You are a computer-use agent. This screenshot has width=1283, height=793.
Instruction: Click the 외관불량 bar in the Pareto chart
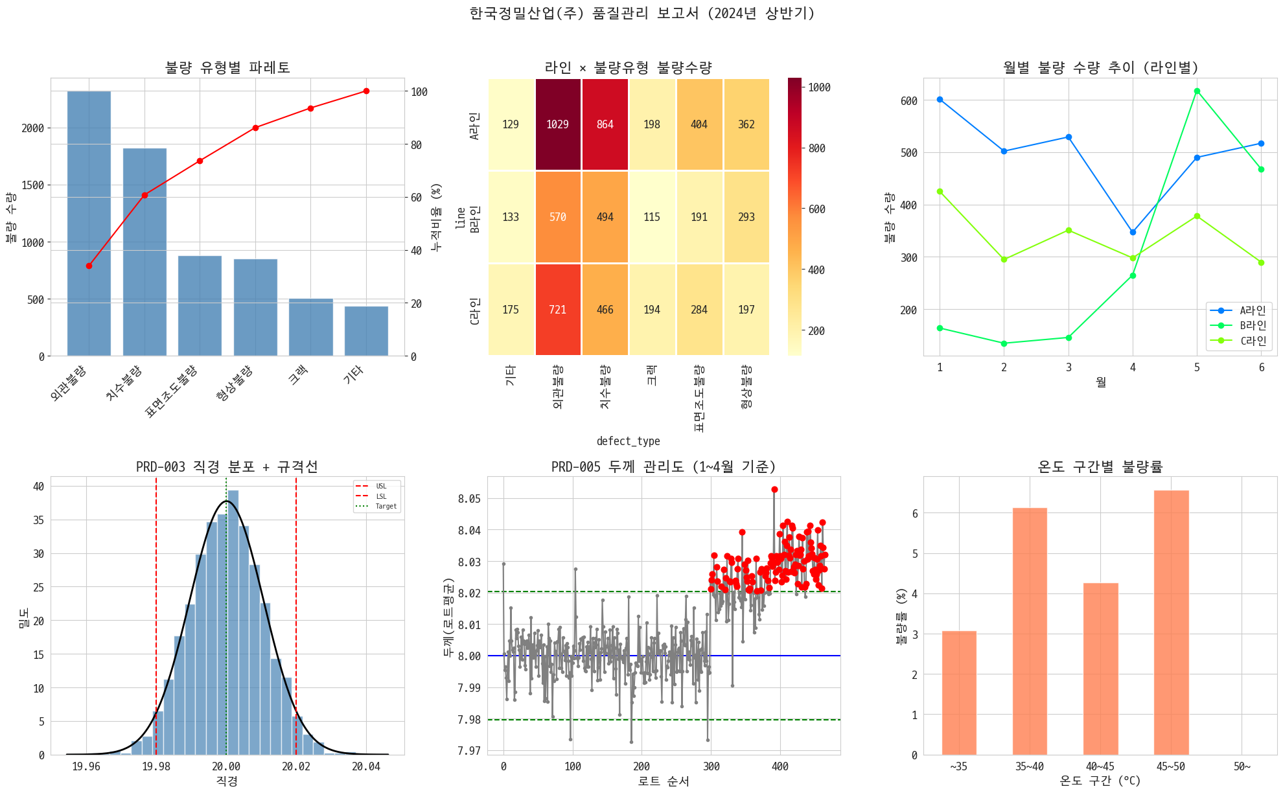pos(89,224)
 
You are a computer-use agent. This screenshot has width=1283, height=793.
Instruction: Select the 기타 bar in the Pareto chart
pos(366,331)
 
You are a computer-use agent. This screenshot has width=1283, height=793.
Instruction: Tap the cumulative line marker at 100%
pos(366,91)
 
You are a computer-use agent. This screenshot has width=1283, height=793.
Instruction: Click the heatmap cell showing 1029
pos(557,124)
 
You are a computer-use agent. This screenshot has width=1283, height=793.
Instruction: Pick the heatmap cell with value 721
pos(557,310)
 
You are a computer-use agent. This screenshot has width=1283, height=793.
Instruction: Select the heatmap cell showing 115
pos(652,217)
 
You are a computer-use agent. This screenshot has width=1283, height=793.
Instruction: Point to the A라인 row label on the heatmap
pos(474,125)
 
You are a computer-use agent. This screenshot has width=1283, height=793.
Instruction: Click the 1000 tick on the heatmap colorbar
pos(819,87)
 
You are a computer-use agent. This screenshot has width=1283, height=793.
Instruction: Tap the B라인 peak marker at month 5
pos(1197,91)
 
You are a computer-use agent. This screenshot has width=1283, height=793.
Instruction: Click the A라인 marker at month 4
pos(1133,232)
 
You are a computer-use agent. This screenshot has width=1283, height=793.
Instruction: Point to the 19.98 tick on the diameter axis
pos(156,766)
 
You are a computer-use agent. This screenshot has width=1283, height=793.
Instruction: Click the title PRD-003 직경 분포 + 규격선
pos(227,466)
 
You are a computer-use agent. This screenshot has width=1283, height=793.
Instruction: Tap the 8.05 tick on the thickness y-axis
pos(469,499)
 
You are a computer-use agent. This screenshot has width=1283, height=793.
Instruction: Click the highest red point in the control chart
pos(774,490)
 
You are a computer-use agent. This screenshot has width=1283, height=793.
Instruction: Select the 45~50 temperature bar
pos(1171,623)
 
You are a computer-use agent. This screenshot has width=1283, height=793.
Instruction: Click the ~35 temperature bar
pos(959,693)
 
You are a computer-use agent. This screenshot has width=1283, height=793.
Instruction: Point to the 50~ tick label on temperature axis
pos(1242,766)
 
